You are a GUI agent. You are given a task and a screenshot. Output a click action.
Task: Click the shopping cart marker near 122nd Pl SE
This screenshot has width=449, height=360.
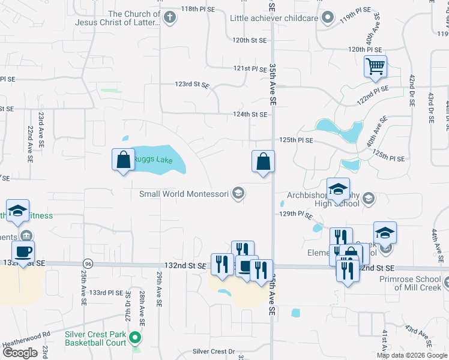(x=375, y=67)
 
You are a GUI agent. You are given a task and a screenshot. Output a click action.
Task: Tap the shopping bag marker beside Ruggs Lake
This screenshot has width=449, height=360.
(x=123, y=160)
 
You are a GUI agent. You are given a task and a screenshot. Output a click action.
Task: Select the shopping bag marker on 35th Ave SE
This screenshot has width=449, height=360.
(x=263, y=162)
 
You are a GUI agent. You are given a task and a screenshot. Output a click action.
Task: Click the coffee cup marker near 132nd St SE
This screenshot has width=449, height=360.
(x=23, y=253)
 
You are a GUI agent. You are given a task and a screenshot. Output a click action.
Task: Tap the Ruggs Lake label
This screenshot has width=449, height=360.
(x=153, y=158)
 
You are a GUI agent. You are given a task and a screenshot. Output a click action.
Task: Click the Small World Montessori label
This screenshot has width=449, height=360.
(x=184, y=194)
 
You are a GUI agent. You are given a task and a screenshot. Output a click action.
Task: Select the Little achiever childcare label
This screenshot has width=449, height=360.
(x=274, y=18)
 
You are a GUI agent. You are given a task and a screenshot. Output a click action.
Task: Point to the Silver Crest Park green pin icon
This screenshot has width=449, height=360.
(x=135, y=338)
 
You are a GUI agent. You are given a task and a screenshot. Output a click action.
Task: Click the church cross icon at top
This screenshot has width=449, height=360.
(x=170, y=16)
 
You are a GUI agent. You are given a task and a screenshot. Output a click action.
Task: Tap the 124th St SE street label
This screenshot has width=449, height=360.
(x=250, y=114)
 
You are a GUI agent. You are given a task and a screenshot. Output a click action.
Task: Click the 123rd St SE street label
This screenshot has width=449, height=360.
(x=192, y=86)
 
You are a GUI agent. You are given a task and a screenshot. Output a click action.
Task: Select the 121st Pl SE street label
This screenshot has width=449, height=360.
(x=250, y=69)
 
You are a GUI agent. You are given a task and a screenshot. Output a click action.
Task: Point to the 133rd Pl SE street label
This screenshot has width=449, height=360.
(x=106, y=293)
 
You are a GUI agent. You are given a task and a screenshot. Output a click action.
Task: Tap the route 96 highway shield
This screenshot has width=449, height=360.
(x=88, y=263)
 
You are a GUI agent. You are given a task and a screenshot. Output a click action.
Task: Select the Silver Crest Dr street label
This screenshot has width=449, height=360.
(x=213, y=352)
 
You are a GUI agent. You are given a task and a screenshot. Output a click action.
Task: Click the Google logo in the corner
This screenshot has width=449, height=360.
(x=20, y=353)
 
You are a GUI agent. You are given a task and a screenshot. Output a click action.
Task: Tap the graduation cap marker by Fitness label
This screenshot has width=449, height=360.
(x=18, y=211)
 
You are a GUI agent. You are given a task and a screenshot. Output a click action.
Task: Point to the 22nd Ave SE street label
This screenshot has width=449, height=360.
(x=29, y=140)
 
